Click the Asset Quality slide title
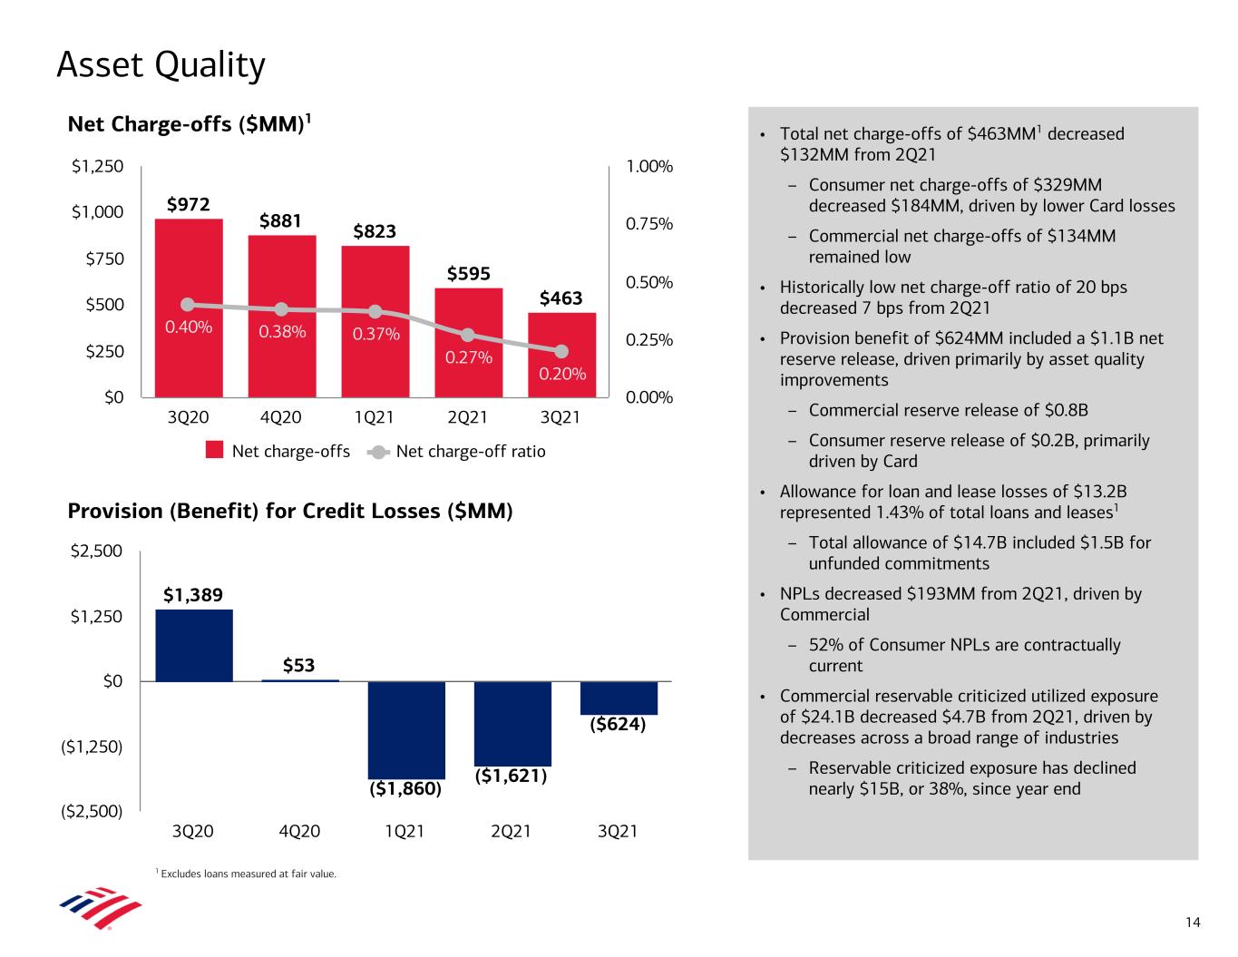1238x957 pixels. (161, 65)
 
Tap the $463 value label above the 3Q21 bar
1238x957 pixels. (561, 298)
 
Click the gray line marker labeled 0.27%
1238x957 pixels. (468, 336)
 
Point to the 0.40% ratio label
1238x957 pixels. (189, 327)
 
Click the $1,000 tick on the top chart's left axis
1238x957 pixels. (97, 212)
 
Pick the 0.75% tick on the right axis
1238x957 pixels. (649, 224)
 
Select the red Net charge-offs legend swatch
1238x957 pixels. (215, 451)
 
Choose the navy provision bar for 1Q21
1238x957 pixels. (406, 729)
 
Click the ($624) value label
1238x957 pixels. (618, 725)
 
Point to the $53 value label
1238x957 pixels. (298, 666)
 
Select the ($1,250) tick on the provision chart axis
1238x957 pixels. (92, 746)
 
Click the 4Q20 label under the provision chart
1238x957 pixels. (298, 831)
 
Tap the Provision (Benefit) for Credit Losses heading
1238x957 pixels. (290, 512)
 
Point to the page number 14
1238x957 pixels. (1193, 923)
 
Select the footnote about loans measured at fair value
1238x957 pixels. (248, 874)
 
